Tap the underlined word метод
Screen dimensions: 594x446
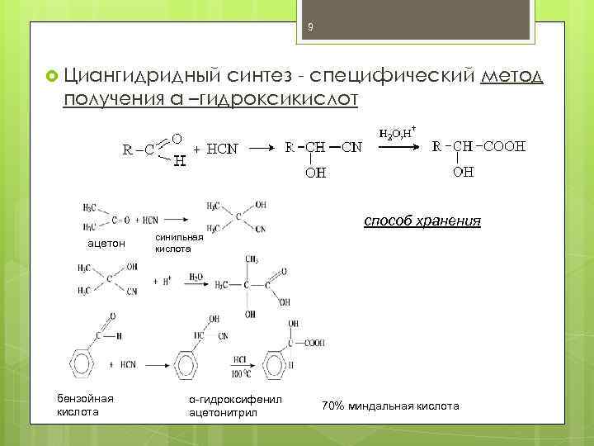pyautogui.click(x=511, y=76)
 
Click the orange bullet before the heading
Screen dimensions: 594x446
pyautogui.click(x=51, y=77)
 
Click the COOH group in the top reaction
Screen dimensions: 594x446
pyautogui.click(x=500, y=148)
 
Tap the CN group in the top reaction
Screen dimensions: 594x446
pyautogui.click(x=351, y=148)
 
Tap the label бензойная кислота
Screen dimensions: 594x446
pyautogui.click(x=86, y=405)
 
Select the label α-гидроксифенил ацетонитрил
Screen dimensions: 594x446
pyautogui.click(x=235, y=405)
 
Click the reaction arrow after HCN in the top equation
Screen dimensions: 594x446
pyautogui.click(x=262, y=149)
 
